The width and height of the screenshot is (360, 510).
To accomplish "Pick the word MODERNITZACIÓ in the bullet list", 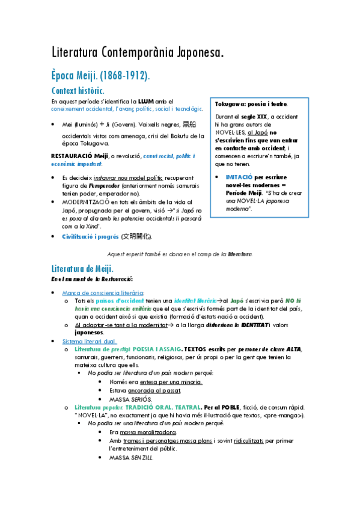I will pyautogui.click(x=87, y=202).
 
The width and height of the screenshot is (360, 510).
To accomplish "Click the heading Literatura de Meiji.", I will pyautogui.click(x=82, y=268).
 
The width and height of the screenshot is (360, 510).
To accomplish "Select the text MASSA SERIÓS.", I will pyautogui.click(x=131, y=399).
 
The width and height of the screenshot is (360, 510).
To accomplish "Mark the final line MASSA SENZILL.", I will pyautogui.click(x=131, y=458).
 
